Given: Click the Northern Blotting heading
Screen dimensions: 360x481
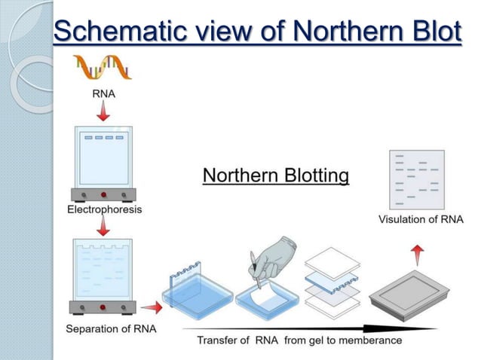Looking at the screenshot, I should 276,176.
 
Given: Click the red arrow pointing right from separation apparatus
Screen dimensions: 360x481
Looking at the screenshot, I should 152,307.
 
